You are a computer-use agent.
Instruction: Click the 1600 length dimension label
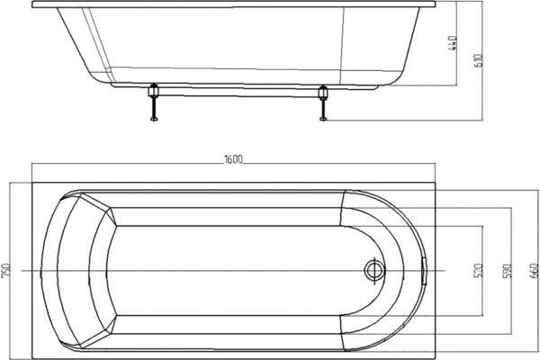point(233,159)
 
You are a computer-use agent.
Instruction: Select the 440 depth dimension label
point(453,43)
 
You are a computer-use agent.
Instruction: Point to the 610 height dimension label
point(479,60)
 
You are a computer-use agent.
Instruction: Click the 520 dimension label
point(479,271)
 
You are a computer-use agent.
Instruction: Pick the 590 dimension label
point(507,271)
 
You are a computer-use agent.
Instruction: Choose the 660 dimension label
point(535,271)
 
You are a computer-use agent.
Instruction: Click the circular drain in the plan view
point(374,270)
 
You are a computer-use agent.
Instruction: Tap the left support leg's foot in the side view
point(154,119)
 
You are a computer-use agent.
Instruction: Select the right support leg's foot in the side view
point(323,119)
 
